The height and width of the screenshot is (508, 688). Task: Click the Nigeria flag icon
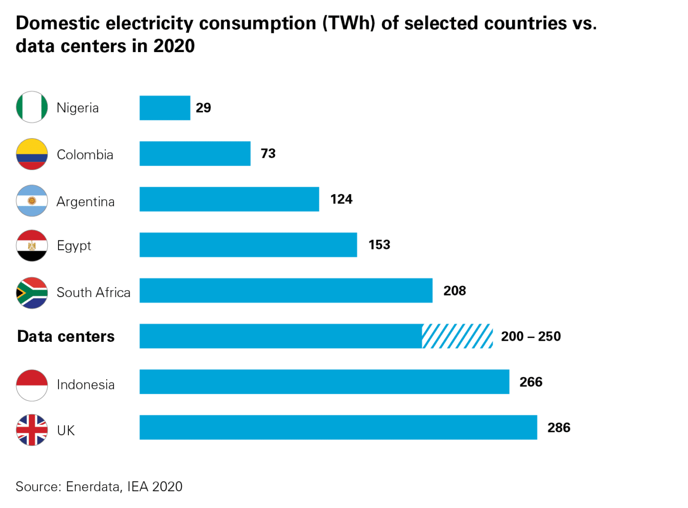click(x=32, y=107)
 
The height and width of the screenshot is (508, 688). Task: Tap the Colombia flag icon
click(x=32, y=154)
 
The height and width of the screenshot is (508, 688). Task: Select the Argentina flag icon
click(x=32, y=201)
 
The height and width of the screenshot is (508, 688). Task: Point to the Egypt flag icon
click(x=32, y=245)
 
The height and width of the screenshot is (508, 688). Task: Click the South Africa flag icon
click(x=32, y=293)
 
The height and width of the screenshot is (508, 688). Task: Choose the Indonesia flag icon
click(x=32, y=385)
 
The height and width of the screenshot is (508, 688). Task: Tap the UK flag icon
click(x=32, y=430)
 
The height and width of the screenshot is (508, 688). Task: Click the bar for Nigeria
click(x=165, y=108)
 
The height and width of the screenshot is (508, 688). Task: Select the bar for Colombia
click(x=195, y=153)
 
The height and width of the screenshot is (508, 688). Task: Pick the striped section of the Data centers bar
click(x=457, y=336)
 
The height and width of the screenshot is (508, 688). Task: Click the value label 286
click(x=559, y=427)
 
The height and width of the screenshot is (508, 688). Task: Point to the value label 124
click(x=341, y=199)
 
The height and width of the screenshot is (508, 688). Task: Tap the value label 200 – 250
click(x=531, y=336)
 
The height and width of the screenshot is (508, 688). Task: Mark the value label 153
click(x=379, y=245)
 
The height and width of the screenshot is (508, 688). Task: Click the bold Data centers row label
click(x=66, y=336)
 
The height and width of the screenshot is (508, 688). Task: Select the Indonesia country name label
click(x=86, y=385)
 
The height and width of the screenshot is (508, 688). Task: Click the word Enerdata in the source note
click(x=93, y=486)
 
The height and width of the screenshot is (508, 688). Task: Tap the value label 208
click(x=455, y=291)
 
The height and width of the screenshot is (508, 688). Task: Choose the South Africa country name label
click(x=93, y=293)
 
